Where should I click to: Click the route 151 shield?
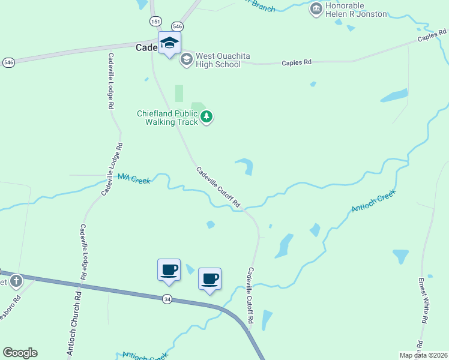(x=156, y=21)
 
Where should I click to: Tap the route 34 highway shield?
(x=167, y=298)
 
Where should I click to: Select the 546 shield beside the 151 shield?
(x=176, y=26)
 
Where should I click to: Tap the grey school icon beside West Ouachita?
(x=186, y=58)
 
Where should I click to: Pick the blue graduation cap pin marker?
(x=169, y=43)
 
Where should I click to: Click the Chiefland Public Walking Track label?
(x=167, y=118)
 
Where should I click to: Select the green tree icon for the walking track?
(x=206, y=116)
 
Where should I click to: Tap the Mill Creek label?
(x=133, y=178)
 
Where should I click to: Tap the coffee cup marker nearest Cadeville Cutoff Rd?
(x=209, y=279)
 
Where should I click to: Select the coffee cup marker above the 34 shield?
(x=169, y=270)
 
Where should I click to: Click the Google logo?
(x=20, y=353)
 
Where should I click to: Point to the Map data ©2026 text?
(x=423, y=355)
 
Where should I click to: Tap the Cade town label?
(x=146, y=47)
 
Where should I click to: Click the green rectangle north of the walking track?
(x=179, y=93)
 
